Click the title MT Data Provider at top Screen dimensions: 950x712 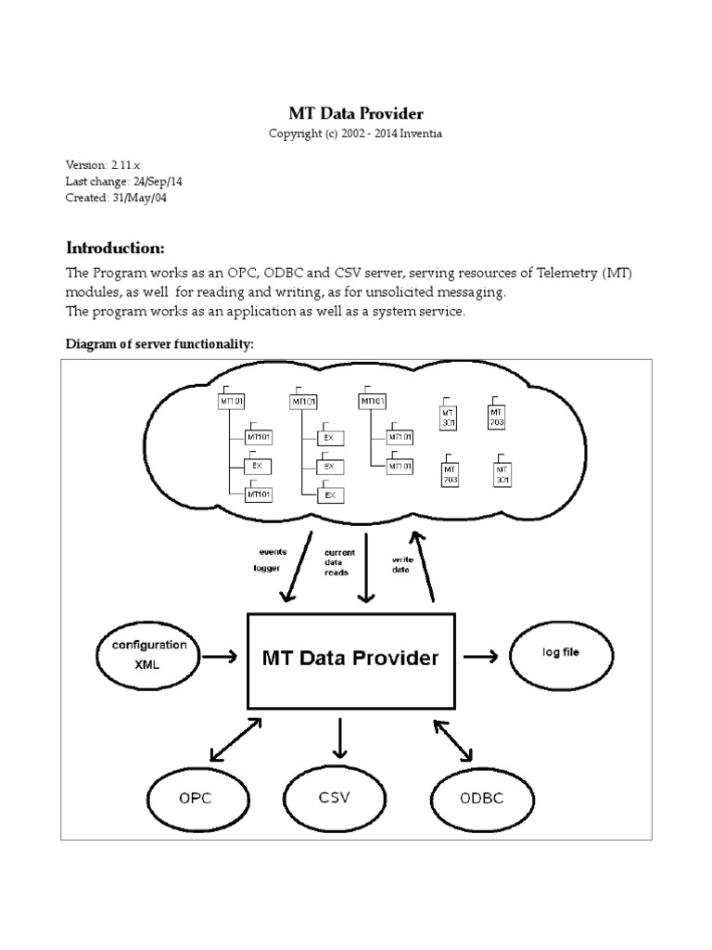[x=356, y=114]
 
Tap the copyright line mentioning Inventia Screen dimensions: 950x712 [x=356, y=134]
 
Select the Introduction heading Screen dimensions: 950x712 [x=115, y=248]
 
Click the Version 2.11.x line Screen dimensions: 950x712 [x=103, y=165]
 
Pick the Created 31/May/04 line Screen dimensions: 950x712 [x=116, y=198]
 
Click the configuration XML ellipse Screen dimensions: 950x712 [x=148, y=655]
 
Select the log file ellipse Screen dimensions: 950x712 [x=560, y=654]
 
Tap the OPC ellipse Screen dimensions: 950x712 [x=195, y=798]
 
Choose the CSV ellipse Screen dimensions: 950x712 [x=334, y=797]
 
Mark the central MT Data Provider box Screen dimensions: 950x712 [x=350, y=659]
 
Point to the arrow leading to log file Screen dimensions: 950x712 [x=480, y=657]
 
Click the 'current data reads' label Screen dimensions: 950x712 [x=337, y=562]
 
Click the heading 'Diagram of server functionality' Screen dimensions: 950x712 [x=159, y=344]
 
